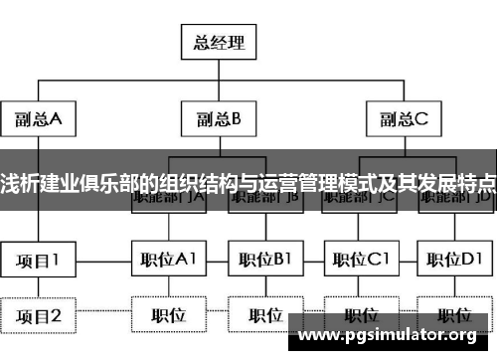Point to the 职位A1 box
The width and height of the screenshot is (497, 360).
(167, 261)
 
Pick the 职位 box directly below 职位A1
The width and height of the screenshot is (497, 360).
(167, 316)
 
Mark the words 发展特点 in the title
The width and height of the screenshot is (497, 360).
(452, 182)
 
